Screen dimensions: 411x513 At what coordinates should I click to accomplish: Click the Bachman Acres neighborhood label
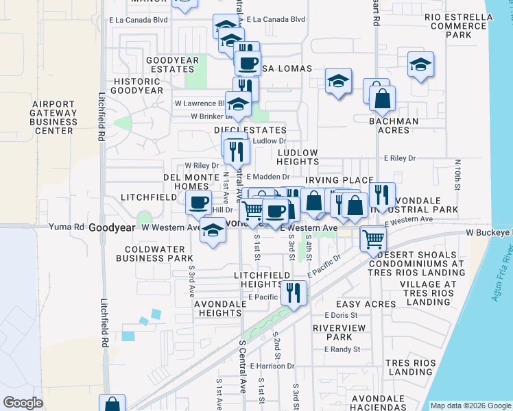(x=393, y=126)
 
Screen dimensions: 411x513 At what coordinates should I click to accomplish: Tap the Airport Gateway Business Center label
(x=53, y=117)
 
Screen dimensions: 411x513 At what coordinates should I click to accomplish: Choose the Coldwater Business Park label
(x=154, y=253)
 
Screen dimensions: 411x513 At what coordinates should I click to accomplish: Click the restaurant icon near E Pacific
(x=294, y=292)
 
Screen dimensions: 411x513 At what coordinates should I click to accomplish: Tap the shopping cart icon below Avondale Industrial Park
(x=373, y=239)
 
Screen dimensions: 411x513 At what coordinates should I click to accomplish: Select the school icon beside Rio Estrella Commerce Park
(x=420, y=64)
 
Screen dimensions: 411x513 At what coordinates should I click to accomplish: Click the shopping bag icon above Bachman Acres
(x=382, y=97)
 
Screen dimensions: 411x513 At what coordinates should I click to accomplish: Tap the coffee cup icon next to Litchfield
(x=199, y=202)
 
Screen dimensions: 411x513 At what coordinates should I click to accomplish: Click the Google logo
(x=23, y=403)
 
